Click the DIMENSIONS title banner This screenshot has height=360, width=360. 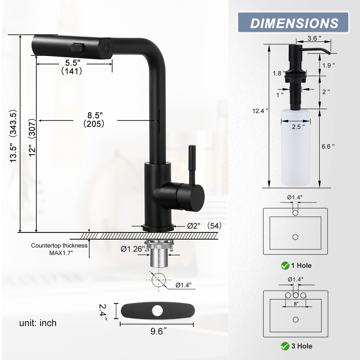pos(293,22)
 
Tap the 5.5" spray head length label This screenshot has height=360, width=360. pos(73,62)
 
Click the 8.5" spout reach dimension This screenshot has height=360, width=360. pos(95,115)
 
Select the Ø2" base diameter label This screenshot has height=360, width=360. pos(194,226)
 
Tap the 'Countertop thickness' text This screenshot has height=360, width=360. pos(59,245)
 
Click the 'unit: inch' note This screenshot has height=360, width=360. pos(38,323)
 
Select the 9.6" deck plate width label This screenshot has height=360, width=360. pos(158,331)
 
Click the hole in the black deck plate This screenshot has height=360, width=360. pos(157,311)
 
